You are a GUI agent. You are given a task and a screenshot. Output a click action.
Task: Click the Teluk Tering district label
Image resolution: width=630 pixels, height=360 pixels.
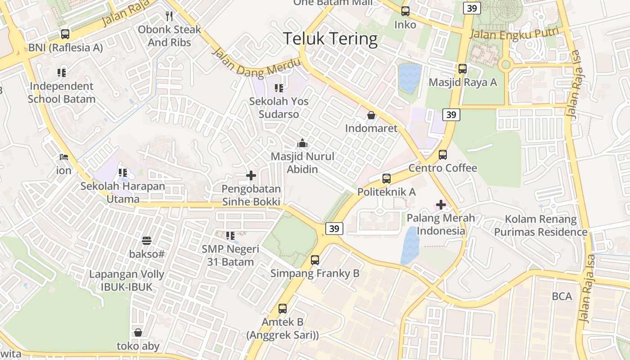330,39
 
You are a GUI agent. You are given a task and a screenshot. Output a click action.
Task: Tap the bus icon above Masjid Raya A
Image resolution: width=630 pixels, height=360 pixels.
462,69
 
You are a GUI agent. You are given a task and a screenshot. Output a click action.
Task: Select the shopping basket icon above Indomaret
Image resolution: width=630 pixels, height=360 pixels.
371,115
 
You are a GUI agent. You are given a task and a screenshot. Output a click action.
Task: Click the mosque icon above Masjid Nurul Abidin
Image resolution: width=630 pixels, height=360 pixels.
302,144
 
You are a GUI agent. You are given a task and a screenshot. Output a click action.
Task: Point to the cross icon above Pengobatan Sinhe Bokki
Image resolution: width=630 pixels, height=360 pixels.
251,175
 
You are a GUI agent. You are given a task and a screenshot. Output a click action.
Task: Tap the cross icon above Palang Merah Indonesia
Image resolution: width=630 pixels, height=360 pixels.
441,205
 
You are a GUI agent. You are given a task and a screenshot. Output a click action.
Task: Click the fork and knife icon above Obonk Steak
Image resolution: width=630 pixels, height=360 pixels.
169,17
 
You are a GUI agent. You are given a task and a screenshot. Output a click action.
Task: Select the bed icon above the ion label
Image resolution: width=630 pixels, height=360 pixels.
64,157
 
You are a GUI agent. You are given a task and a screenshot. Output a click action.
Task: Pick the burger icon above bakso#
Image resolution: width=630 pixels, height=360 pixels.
147,241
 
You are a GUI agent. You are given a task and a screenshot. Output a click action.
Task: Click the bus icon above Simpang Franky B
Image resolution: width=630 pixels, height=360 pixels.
315,260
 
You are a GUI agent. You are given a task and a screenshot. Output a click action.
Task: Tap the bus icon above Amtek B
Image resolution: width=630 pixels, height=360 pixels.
282,309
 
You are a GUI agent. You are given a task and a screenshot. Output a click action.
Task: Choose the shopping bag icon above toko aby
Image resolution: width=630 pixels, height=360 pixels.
138,333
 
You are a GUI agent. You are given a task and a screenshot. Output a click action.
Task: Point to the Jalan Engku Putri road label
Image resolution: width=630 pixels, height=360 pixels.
513,34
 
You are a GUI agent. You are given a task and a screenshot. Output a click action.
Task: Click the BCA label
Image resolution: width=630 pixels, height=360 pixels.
562,297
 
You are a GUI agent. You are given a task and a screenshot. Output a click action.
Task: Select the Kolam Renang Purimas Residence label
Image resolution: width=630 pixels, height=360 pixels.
541,226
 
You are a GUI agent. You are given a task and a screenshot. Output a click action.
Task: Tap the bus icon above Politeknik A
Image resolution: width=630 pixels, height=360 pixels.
387,179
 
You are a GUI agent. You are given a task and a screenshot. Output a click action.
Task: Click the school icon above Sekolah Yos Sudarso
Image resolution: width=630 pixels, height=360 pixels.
279,88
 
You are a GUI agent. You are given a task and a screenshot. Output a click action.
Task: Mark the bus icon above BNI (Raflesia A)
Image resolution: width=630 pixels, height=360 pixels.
65,34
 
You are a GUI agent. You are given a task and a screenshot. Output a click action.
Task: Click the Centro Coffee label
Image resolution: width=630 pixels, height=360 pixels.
443,168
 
